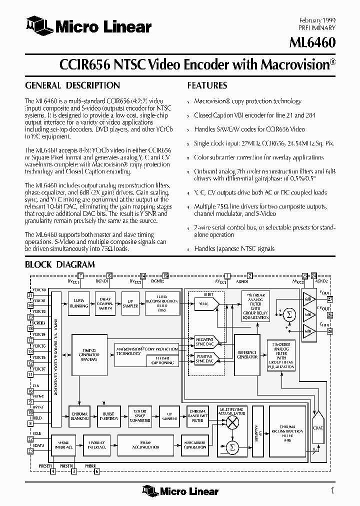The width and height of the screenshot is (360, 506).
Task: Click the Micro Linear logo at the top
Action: point(89,26)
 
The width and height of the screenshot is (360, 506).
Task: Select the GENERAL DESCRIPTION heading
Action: point(72,85)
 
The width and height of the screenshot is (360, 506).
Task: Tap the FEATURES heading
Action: point(207,85)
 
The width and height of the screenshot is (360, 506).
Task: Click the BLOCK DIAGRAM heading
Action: point(59,264)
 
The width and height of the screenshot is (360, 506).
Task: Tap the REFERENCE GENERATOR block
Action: point(247,354)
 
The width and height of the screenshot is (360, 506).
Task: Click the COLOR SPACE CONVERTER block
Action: point(140,416)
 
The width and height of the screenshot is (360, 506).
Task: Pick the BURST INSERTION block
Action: point(108,416)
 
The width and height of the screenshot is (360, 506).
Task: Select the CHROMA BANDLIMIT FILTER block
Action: point(198,416)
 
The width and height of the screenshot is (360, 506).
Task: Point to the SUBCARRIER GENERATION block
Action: point(195,444)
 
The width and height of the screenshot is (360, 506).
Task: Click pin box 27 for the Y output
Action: point(329,299)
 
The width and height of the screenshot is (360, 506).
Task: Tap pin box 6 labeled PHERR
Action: point(97,471)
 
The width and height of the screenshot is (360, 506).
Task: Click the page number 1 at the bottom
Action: point(332,490)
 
